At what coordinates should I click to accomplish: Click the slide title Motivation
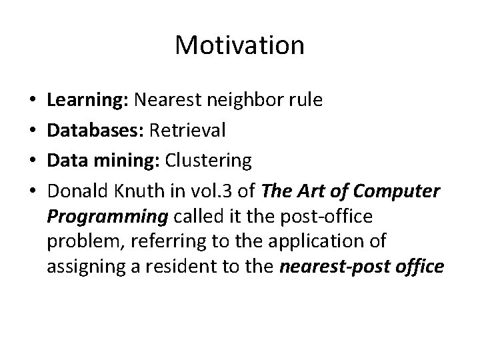click(x=239, y=46)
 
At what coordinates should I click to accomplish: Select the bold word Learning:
click(x=89, y=101)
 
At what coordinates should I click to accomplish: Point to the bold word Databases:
click(x=95, y=131)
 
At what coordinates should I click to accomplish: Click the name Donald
click(x=76, y=191)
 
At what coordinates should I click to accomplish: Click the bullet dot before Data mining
click(x=33, y=161)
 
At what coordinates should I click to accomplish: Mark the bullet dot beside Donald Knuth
click(x=33, y=191)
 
